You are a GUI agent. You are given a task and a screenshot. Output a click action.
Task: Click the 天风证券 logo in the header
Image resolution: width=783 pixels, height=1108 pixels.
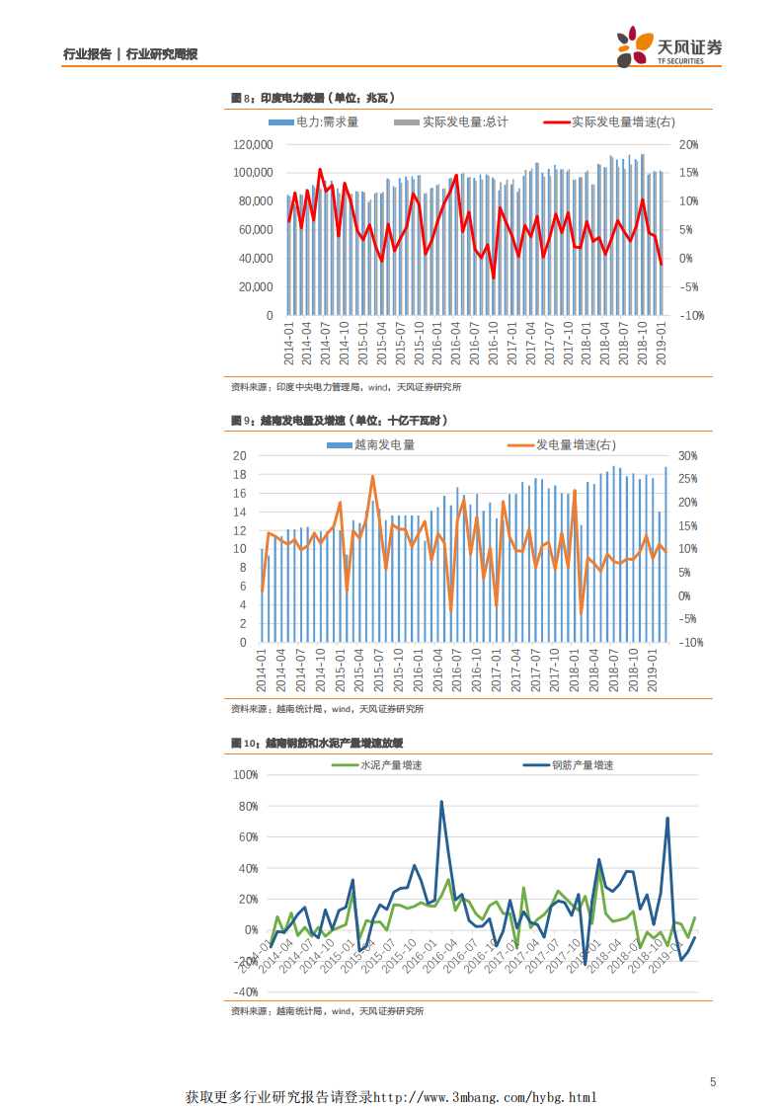click(668, 47)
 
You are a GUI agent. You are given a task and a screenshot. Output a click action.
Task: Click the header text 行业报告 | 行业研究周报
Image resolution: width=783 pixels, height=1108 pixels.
click(130, 54)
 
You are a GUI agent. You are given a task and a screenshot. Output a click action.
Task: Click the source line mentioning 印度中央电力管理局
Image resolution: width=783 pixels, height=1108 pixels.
click(345, 387)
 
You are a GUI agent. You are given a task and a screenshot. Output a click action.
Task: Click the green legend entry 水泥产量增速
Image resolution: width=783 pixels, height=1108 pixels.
click(390, 765)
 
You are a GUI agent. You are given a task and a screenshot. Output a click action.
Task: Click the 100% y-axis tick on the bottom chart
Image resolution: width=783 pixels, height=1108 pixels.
click(244, 775)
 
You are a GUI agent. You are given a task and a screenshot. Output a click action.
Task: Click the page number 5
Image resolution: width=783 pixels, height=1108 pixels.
click(712, 1082)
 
